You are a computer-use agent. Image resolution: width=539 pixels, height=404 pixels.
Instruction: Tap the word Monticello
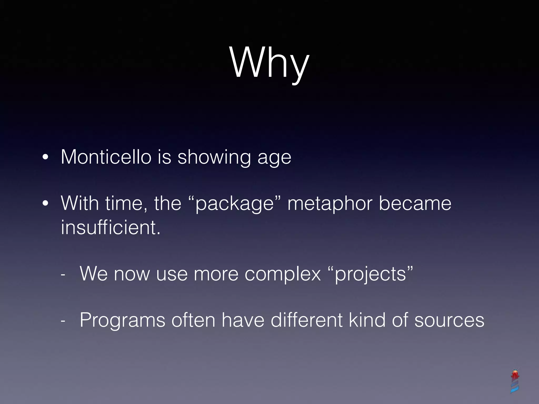(106, 157)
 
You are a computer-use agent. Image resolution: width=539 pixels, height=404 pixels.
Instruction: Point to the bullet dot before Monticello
(45, 157)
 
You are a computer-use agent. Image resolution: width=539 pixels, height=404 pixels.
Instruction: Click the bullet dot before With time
(45, 203)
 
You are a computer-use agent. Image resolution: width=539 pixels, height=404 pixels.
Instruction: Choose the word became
(415, 203)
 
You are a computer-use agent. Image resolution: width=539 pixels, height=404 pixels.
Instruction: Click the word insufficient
(111, 227)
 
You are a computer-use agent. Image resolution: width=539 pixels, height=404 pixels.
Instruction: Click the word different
(307, 320)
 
